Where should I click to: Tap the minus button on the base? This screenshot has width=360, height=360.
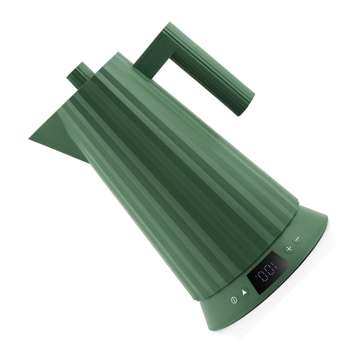[x=297, y=239]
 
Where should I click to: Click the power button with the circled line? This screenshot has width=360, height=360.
[x=234, y=300]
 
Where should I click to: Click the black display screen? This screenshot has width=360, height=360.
[x=268, y=273]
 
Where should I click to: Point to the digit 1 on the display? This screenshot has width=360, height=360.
[x=274, y=265]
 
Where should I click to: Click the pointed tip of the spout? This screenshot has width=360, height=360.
[x=29, y=139]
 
